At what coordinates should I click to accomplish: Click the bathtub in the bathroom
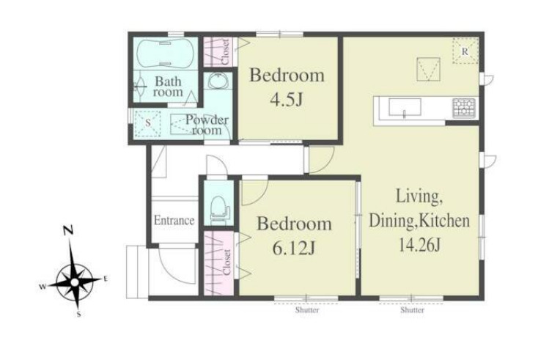click(165, 54)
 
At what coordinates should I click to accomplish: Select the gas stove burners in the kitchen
click(464, 107)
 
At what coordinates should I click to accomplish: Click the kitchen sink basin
click(405, 108)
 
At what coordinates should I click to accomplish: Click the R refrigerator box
click(465, 51)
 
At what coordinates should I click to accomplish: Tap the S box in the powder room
click(148, 124)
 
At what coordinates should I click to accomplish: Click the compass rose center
click(75, 282)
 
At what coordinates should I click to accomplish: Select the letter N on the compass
click(69, 231)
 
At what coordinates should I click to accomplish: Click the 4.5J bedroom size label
click(287, 100)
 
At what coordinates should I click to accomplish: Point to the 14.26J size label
click(419, 245)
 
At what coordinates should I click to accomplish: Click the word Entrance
click(174, 220)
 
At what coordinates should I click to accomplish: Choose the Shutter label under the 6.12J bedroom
click(307, 310)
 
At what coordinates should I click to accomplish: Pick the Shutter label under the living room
click(412, 310)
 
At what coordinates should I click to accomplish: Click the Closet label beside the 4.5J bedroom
click(226, 52)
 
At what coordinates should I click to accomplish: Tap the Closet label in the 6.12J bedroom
click(226, 262)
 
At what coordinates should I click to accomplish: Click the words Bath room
click(168, 87)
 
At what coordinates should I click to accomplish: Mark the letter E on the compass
click(106, 279)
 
